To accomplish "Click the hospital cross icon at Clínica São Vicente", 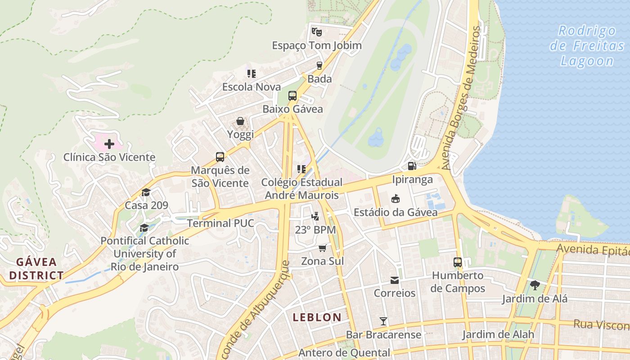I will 109,144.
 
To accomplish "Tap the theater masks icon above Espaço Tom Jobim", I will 317,32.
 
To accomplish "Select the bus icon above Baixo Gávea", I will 292,95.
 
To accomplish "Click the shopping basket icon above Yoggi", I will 240,121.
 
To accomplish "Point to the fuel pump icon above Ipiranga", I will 412,166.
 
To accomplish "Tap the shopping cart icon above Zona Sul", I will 322,248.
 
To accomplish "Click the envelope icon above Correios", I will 395,280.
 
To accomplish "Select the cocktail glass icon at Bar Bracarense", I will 383,321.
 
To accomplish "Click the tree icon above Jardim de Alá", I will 535,285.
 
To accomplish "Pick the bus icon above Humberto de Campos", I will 458,262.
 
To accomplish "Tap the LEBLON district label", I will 317,317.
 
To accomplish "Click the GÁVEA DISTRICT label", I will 36,269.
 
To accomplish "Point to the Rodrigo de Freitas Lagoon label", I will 587,46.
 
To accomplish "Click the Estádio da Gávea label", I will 396,212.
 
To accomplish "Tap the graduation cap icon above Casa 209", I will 146,193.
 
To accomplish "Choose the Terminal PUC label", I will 220,223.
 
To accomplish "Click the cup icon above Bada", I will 319,65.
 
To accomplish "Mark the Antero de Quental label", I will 344,353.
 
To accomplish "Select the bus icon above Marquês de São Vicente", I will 220,157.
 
